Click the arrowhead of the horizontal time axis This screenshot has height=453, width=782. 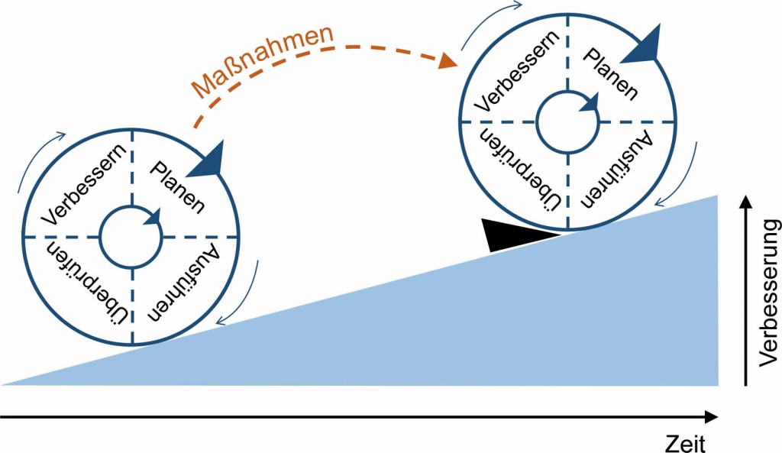coord(711,417)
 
